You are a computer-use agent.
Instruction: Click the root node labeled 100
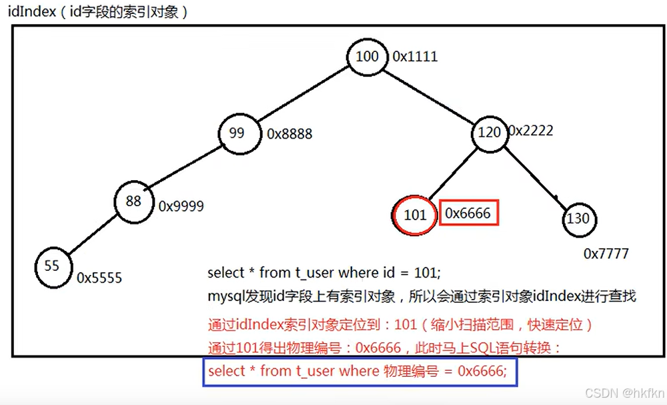367,57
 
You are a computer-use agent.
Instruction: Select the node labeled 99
237,133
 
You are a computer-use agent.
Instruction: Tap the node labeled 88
133,200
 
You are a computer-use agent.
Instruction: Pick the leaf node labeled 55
52,266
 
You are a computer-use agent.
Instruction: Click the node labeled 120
489,132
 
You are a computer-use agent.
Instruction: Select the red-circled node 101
415,215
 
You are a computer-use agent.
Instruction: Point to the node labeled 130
578,219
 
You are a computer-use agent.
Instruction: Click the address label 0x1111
415,57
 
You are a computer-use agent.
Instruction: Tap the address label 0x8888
289,134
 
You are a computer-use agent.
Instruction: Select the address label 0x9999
181,207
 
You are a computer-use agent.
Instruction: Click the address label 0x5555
99,278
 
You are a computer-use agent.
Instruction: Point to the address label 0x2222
531,131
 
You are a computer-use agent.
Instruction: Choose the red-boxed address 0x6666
468,214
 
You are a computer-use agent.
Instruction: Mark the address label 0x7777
606,254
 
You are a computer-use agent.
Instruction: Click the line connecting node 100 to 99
300,94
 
